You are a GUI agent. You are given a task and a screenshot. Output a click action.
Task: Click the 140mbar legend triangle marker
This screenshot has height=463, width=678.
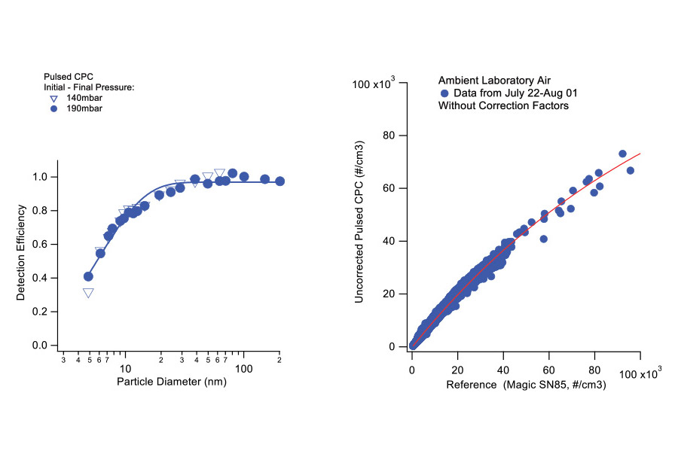[53, 99]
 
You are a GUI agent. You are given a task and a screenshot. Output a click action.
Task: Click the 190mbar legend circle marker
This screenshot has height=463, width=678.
[53, 109]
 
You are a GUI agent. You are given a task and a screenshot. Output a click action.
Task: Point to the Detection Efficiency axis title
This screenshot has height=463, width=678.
[21, 253]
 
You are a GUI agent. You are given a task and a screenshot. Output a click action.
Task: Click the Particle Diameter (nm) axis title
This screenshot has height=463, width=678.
[172, 382]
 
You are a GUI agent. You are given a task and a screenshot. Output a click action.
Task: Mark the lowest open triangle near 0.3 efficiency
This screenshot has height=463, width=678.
[88, 293]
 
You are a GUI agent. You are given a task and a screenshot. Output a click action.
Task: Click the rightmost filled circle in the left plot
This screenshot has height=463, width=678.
[279, 181]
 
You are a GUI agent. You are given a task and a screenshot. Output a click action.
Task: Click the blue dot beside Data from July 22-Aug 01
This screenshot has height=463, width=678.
[444, 93]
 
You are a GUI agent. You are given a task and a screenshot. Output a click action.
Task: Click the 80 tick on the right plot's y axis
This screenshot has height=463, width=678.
[390, 136]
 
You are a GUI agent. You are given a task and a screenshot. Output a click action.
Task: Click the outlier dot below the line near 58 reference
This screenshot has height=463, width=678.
[544, 239]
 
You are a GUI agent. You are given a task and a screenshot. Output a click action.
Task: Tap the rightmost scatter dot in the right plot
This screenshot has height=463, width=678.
[631, 170]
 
